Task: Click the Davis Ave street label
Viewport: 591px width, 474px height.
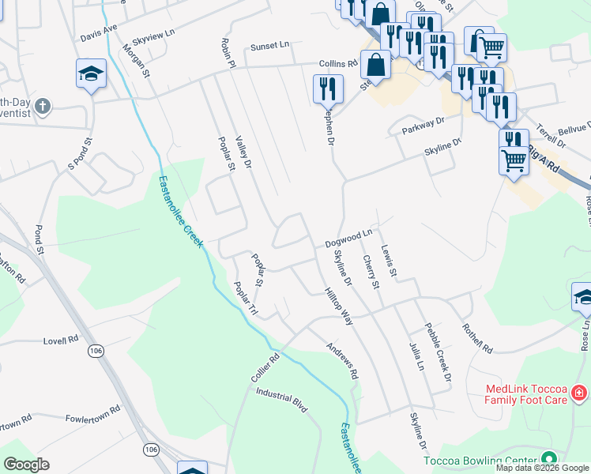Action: tap(99, 32)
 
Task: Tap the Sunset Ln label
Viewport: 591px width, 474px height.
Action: tap(270, 47)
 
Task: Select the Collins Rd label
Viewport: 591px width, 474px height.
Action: tap(338, 63)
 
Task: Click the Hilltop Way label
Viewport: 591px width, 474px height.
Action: tap(337, 307)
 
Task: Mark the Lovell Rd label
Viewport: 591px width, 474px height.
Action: tap(62, 340)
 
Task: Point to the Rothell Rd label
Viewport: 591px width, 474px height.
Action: tap(477, 337)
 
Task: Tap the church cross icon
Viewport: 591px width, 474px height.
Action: tap(43, 104)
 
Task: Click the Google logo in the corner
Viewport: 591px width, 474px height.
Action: tap(26, 465)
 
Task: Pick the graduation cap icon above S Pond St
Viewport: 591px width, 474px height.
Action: tap(92, 74)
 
